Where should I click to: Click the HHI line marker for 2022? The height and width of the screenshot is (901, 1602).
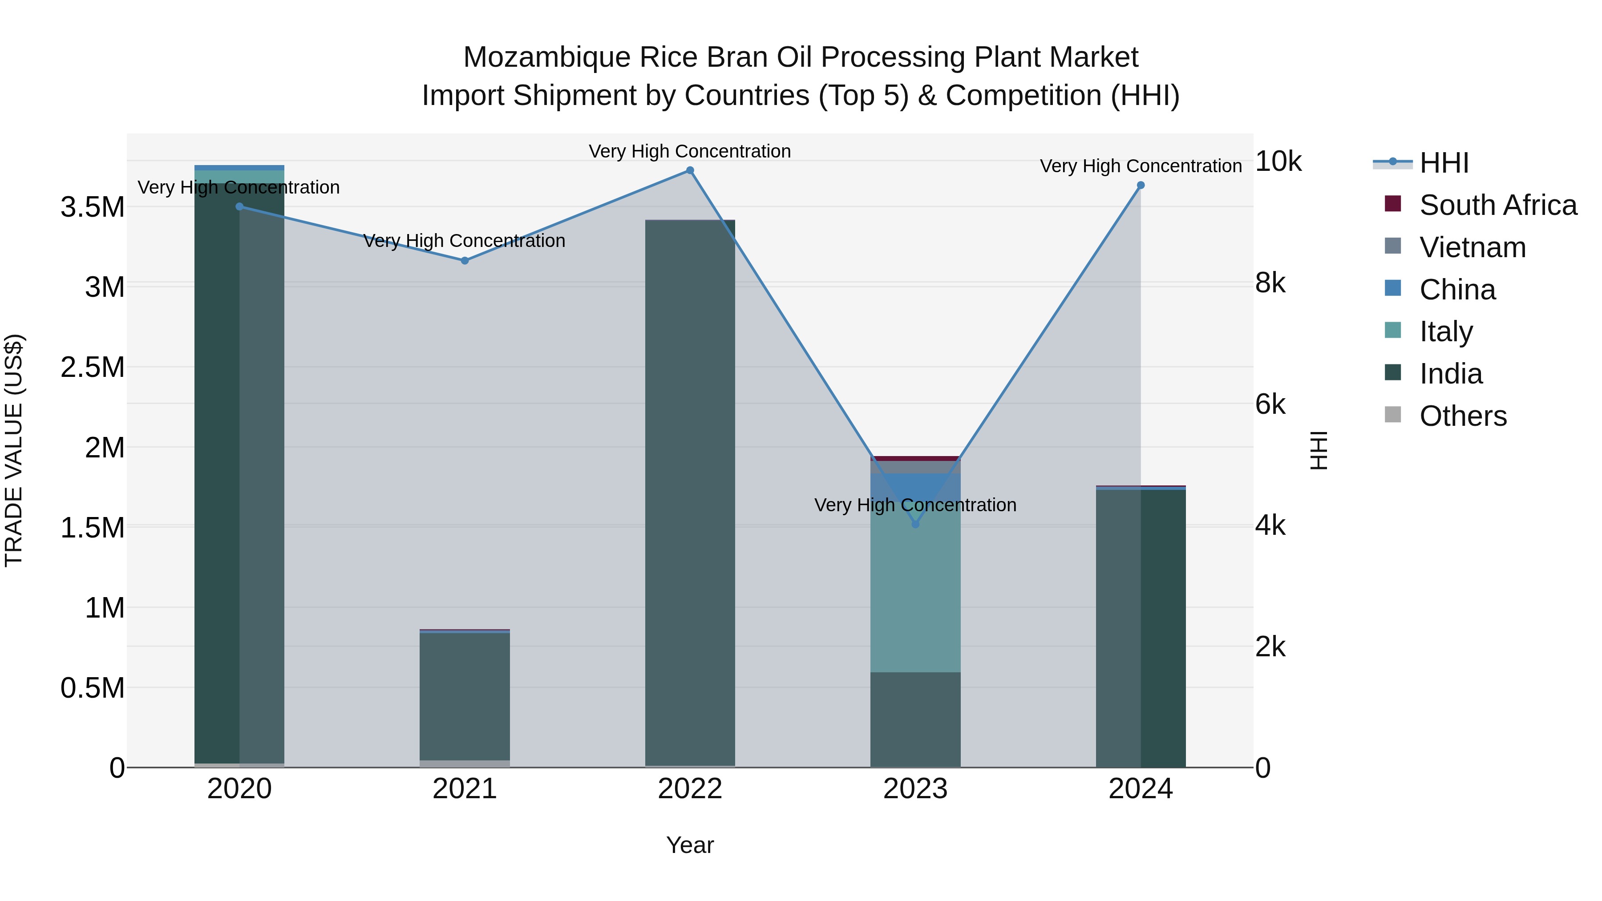click(690, 170)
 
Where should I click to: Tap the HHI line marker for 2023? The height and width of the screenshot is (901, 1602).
click(915, 524)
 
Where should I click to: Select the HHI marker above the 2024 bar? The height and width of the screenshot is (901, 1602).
click(1141, 185)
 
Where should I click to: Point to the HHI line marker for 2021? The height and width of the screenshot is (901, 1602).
click(465, 261)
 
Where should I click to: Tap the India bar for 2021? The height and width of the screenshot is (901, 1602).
click(465, 696)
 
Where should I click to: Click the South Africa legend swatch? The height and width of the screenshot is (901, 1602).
click(1393, 204)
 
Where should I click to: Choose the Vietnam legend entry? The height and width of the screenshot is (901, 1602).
click(1472, 247)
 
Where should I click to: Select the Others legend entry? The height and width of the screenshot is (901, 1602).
click(1463, 416)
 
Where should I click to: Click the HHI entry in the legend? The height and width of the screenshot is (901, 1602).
click(1444, 163)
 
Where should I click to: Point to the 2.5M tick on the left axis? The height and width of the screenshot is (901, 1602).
click(93, 367)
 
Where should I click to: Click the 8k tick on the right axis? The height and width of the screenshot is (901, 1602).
click(1270, 283)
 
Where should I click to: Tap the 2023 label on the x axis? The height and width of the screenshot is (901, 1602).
click(915, 789)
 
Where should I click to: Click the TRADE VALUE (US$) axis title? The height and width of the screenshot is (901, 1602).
click(14, 450)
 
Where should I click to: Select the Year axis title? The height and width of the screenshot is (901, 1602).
click(690, 845)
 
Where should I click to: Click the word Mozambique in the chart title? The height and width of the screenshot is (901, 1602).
click(546, 57)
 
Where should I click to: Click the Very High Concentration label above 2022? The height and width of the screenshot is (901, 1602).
click(690, 151)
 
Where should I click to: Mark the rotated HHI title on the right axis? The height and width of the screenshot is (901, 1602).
click(1319, 450)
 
